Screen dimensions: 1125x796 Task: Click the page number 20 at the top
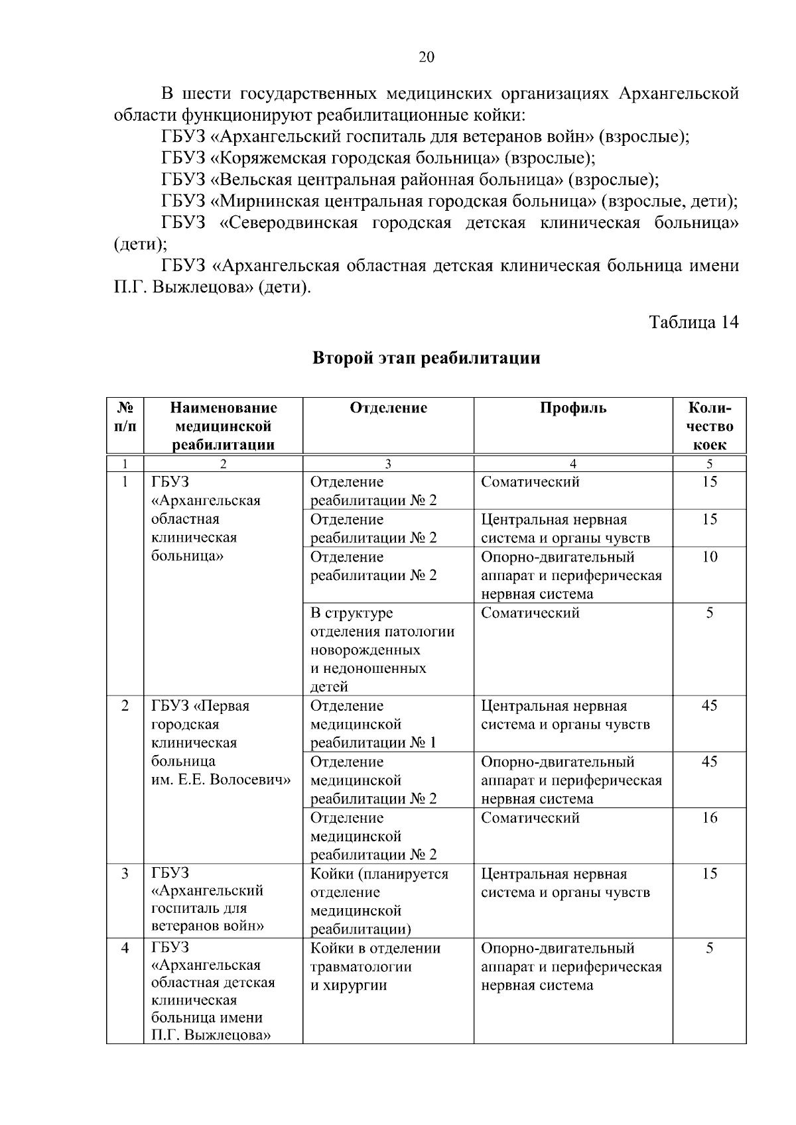click(x=427, y=57)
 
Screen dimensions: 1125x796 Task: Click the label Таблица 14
click(x=693, y=323)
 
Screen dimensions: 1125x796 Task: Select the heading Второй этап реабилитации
click(x=426, y=359)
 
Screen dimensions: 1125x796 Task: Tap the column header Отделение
click(x=388, y=408)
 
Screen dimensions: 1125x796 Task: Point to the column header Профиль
click(x=572, y=408)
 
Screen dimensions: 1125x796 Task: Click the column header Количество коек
click(x=709, y=426)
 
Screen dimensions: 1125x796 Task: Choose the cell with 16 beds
click(x=709, y=817)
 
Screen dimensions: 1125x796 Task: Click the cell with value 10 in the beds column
click(x=709, y=557)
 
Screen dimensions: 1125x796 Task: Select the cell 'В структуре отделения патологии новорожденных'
click(x=382, y=649)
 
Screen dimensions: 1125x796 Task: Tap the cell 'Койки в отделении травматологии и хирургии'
click(x=375, y=966)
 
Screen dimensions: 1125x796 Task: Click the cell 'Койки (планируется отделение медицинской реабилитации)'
click(x=379, y=901)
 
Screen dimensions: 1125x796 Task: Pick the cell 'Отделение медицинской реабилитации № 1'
click(x=373, y=724)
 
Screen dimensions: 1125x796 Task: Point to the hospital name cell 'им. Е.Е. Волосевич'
click(x=221, y=780)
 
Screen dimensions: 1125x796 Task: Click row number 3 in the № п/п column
click(x=125, y=874)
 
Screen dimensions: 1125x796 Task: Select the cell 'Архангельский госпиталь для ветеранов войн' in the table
click(x=208, y=900)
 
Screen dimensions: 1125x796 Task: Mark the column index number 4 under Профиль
click(x=572, y=464)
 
